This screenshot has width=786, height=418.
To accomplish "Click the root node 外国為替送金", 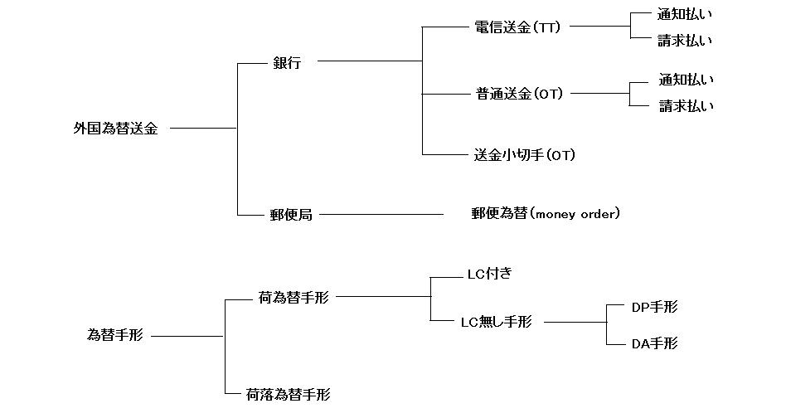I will pos(115,129).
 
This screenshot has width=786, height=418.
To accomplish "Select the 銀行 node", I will pos(287,63).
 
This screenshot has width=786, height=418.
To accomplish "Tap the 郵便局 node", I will pos(291,215).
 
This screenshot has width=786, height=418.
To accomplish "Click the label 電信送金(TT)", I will pos(517,27).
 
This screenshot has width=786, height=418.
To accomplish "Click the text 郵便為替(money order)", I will pos(545,214).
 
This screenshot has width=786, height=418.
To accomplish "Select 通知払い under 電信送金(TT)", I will pos(685,14).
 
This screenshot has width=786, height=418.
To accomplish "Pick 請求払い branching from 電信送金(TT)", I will pos(685,40).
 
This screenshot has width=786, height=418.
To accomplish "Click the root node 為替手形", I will pos(115,335).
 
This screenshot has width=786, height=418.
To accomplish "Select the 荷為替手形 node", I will pos(294,297).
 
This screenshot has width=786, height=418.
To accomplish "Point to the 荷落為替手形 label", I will pos(289,394).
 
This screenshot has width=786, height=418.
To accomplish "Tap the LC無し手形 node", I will pos(496,322).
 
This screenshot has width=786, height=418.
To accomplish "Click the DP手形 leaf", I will pos(654,307).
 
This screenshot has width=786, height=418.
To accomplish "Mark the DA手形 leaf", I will pos(654,343).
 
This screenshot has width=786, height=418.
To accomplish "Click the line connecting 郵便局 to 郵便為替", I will pos(381,215).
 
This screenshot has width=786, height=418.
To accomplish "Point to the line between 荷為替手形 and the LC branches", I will pos(383,297).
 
